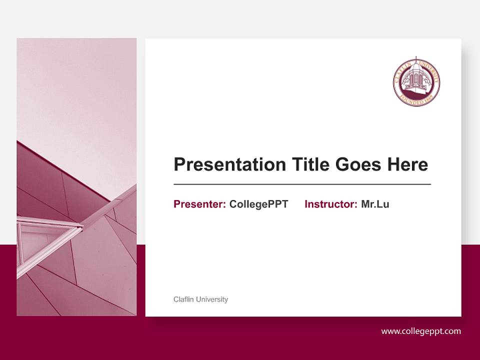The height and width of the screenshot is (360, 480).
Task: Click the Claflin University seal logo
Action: pyautogui.click(x=416, y=82)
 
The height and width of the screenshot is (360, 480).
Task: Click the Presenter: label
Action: pyautogui.click(x=199, y=204)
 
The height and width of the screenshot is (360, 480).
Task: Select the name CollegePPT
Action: pyautogui.click(x=258, y=204)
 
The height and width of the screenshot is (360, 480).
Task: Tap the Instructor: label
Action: pyautogui.click(x=330, y=204)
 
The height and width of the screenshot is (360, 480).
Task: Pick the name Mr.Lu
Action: pyautogui.click(x=375, y=204)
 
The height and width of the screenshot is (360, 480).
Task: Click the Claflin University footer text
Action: pyautogui.click(x=200, y=299)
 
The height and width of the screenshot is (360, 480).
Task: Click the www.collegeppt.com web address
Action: pyautogui.click(x=421, y=331)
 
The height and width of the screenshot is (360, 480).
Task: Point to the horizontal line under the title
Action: pyautogui.click(x=302, y=184)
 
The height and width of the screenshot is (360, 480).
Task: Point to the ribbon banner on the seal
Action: pyautogui.click(x=416, y=99)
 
